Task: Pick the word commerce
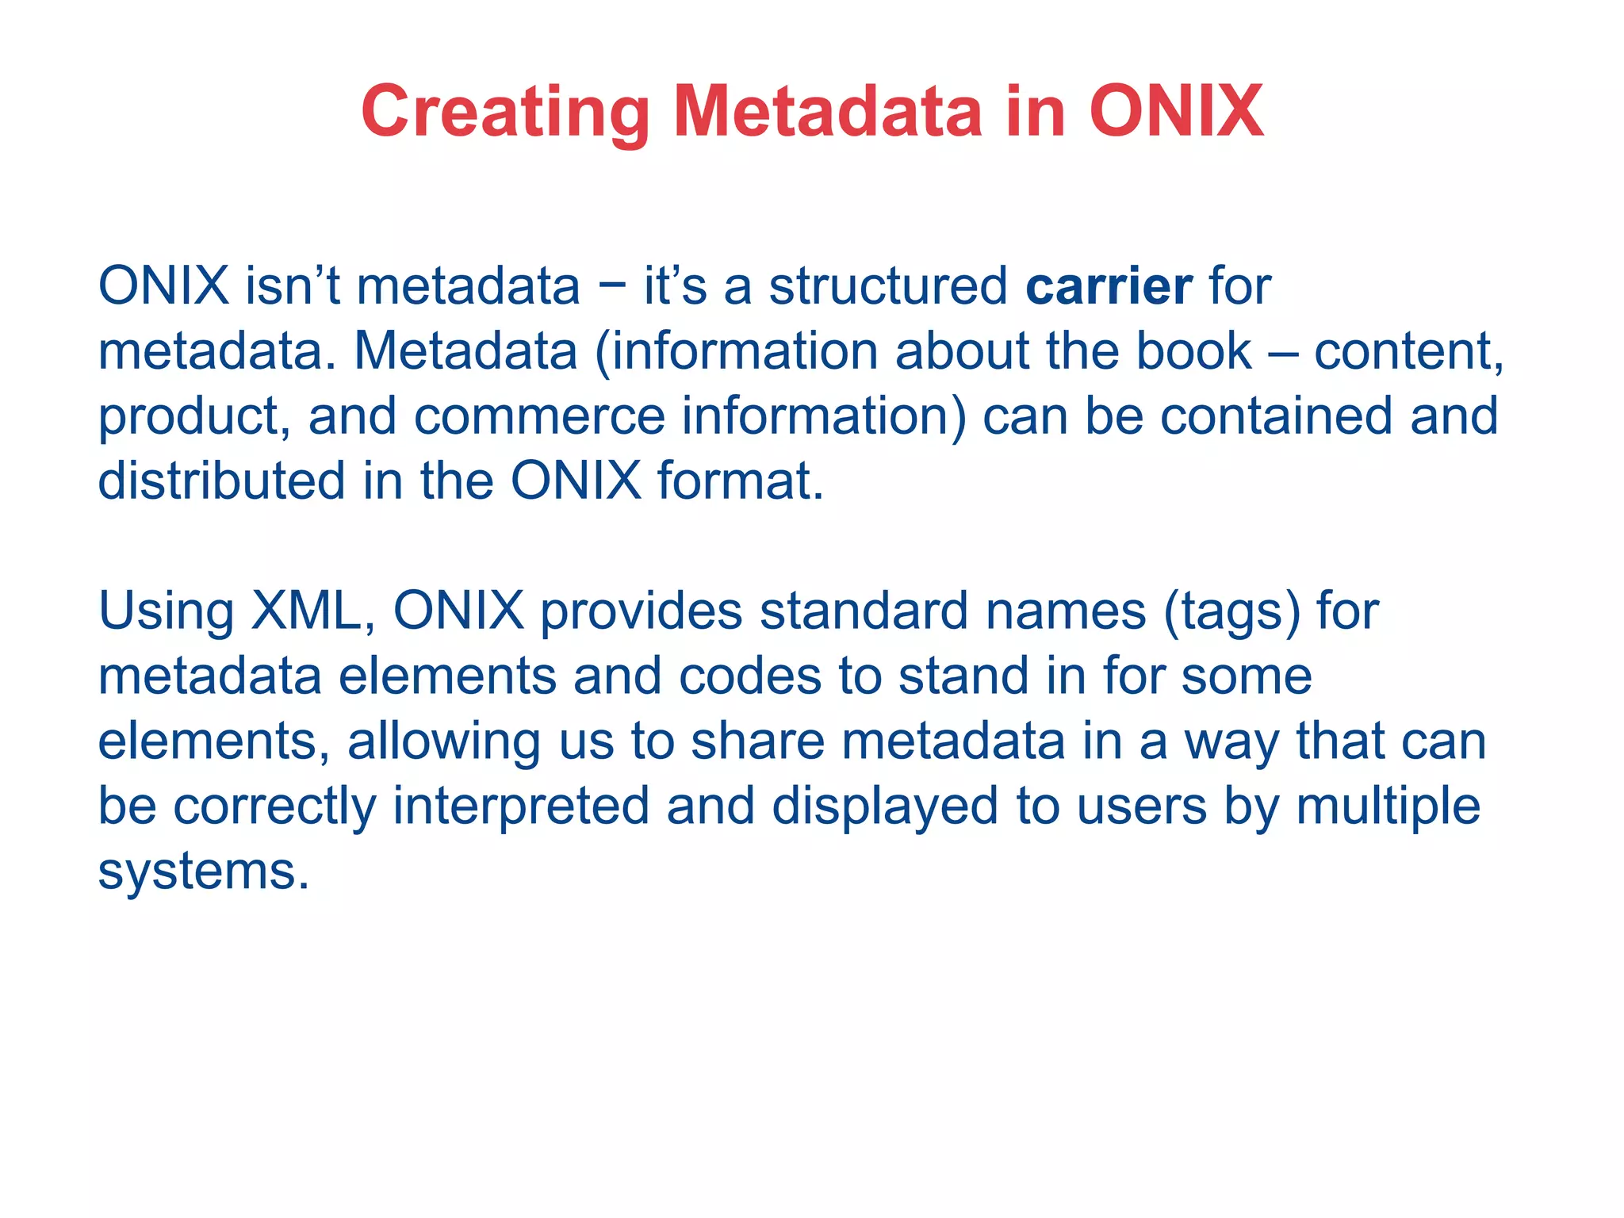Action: pos(539,416)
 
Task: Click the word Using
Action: pos(166,611)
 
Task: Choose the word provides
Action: pos(642,611)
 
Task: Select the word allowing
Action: pos(444,741)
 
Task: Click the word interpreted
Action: pos(520,806)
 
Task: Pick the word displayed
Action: pos(885,806)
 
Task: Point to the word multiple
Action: pos(1388,806)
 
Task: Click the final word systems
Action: pos(203,871)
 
